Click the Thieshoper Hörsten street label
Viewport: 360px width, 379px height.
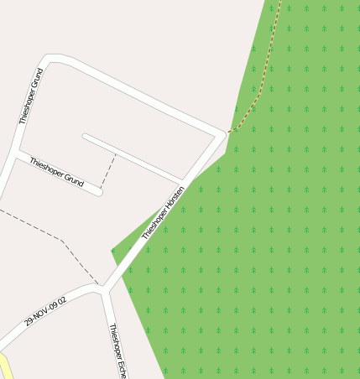(163, 212)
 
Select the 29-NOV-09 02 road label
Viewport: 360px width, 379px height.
(45, 309)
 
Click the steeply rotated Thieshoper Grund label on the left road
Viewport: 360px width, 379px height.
(30, 96)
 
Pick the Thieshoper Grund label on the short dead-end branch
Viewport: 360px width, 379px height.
(56, 172)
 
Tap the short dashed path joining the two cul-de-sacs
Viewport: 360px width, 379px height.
(108, 171)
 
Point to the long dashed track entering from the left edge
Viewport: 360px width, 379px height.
(50, 234)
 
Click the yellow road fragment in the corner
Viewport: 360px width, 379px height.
(3, 366)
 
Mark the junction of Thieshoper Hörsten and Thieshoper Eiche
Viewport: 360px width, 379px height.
(103, 289)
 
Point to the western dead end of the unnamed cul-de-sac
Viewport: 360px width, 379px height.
(85, 135)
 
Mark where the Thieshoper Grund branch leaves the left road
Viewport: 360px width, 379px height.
(16, 154)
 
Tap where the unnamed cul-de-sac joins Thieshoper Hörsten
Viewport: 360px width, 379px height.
(182, 180)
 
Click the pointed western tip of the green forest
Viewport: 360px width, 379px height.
(112, 250)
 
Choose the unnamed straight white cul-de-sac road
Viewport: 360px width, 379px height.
(134, 158)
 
